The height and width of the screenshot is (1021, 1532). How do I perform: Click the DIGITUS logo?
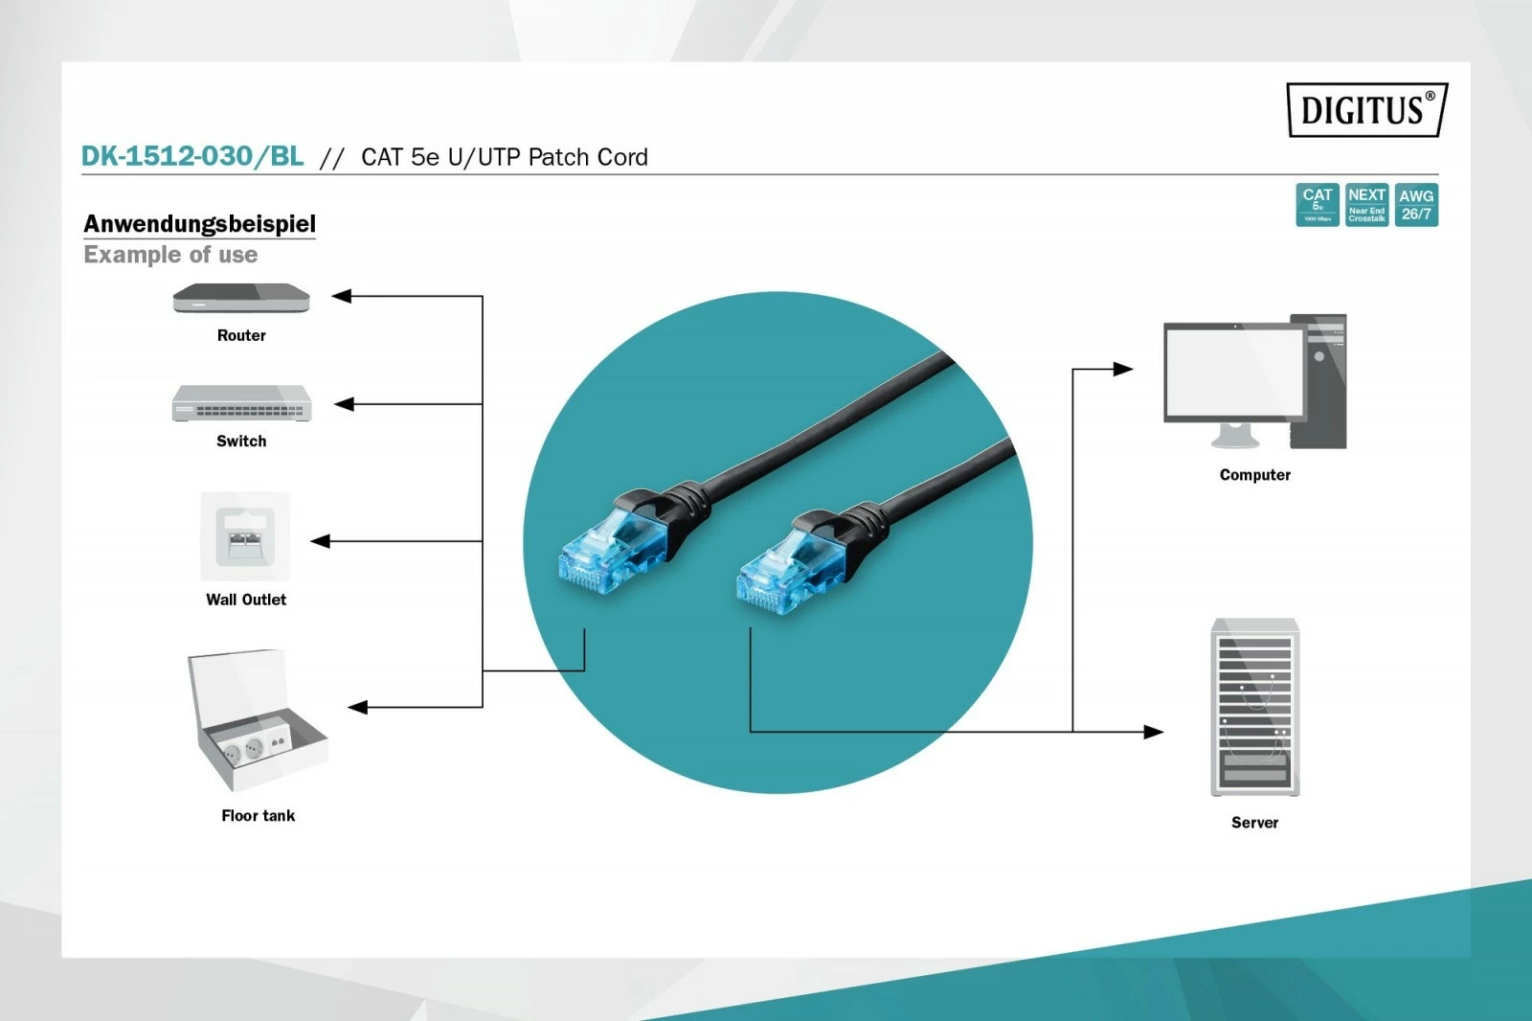[x=1366, y=110]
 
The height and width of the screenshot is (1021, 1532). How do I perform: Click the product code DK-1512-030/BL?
[x=192, y=156]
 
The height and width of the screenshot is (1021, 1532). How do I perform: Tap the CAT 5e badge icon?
[x=1318, y=205]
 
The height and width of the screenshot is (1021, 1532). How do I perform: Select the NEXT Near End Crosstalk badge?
[x=1366, y=205]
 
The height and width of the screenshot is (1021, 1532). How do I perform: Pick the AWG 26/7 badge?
[x=1416, y=205]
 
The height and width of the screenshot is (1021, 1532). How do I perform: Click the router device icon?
[x=241, y=299]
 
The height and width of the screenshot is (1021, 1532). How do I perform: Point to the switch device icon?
[x=241, y=403]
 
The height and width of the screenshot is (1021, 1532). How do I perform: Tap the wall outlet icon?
[x=245, y=536]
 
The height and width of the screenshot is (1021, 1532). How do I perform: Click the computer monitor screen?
[x=1234, y=372]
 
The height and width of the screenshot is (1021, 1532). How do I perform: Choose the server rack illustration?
[x=1254, y=707]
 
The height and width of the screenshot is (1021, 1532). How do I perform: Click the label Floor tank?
[x=258, y=816]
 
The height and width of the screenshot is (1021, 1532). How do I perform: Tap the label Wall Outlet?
[x=246, y=600]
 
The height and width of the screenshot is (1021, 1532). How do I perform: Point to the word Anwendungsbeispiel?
[x=199, y=224]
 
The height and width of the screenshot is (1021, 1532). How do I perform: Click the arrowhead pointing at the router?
[x=342, y=296]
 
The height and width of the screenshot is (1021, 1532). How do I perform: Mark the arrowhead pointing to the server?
[x=1154, y=732]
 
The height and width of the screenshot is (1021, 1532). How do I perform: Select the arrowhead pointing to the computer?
[x=1123, y=369]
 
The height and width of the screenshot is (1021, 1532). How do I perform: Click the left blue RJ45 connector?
[x=611, y=550]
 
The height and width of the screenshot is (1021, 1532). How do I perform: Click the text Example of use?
[x=170, y=255]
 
